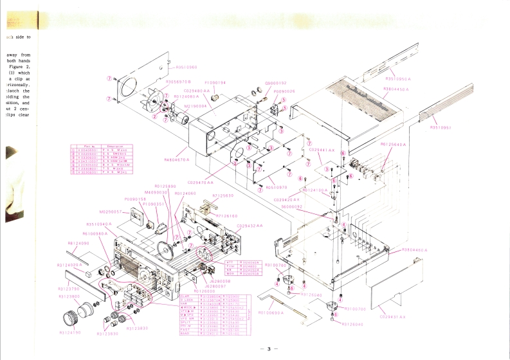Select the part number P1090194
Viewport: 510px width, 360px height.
(215, 83)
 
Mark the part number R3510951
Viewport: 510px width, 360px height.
(441, 127)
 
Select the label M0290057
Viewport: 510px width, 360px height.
(111, 211)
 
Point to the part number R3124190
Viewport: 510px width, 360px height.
(71, 333)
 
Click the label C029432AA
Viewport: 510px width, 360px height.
(250, 226)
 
